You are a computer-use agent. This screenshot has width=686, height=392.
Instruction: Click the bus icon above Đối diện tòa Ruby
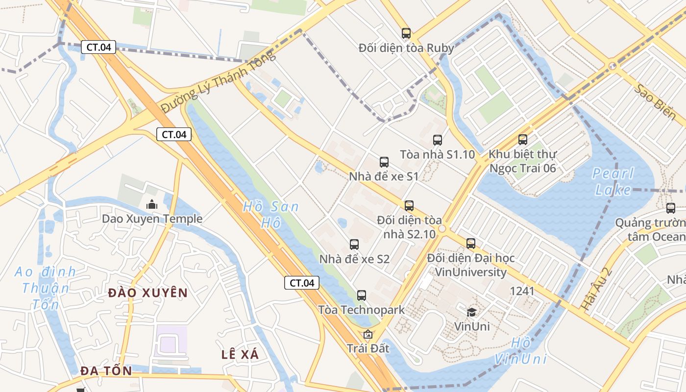click(406, 33)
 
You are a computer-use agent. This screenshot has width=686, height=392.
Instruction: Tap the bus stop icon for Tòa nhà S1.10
click(438, 140)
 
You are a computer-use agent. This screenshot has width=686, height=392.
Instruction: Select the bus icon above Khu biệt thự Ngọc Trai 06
click(523, 140)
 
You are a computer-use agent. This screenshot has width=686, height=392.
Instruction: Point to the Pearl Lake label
click(613, 181)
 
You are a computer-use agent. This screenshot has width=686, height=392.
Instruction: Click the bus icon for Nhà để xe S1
click(384, 162)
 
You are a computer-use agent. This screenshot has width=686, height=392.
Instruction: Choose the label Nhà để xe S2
click(354, 259)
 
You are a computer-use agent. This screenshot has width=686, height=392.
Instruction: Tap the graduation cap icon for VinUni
click(471, 312)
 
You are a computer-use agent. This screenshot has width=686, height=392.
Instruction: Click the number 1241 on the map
click(522, 291)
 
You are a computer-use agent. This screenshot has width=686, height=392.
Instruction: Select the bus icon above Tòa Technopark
click(362, 295)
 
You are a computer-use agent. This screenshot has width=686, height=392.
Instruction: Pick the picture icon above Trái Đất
click(368, 335)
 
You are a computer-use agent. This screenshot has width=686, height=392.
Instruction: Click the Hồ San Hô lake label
click(270, 215)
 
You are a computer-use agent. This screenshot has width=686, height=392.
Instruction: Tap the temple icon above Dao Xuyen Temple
click(152, 204)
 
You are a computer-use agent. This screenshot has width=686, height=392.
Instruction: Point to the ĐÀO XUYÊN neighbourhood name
click(147, 293)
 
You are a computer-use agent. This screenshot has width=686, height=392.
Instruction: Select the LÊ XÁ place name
click(240, 354)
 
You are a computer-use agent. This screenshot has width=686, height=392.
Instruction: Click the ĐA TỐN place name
click(106, 371)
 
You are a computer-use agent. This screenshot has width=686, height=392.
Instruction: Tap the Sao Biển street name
click(655, 102)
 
